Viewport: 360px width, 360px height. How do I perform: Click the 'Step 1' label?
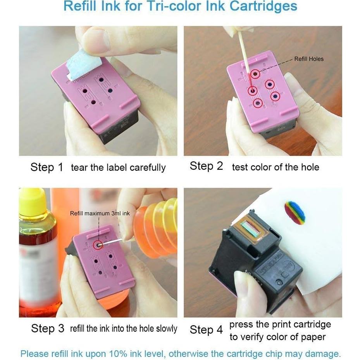point(47,167)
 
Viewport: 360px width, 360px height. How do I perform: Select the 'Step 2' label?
point(206,166)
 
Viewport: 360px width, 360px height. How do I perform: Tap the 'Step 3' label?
point(47,329)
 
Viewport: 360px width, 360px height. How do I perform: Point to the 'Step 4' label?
point(207,330)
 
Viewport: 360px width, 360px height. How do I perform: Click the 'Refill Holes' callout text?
point(308,59)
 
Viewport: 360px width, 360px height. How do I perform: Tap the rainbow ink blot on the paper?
point(295,212)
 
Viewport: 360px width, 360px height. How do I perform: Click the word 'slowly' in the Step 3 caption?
point(166,329)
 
